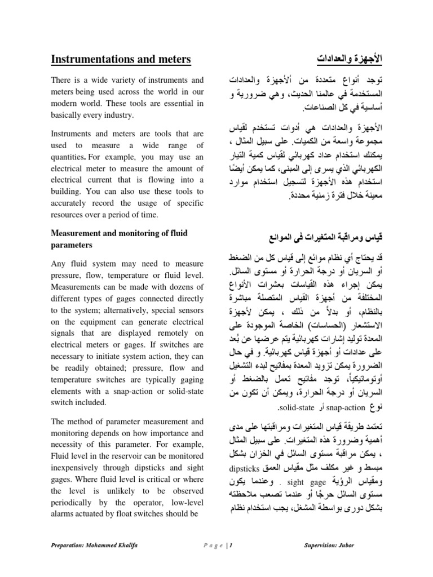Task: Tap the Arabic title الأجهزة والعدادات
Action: point(349,59)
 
